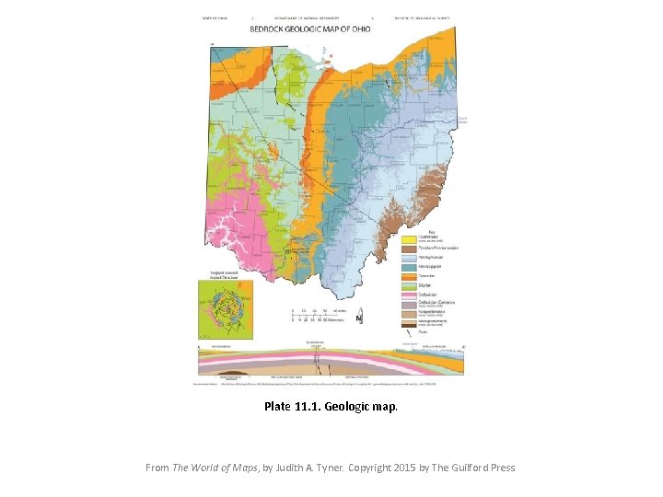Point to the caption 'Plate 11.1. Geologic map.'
click(331, 406)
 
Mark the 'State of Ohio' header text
click(215, 17)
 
